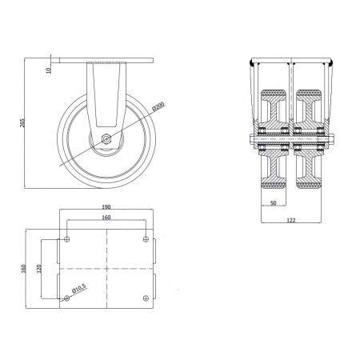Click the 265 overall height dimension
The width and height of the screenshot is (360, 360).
click(22, 123)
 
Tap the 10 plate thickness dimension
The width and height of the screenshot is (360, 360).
click(49, 70)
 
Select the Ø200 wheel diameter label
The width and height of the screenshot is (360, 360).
click(158, 106)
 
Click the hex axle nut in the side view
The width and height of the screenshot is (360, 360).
click(106, 139)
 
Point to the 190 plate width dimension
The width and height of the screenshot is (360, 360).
click(106, 206)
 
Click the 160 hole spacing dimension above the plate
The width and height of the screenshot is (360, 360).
click(106, 218)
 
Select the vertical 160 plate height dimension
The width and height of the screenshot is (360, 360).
click(23, 268)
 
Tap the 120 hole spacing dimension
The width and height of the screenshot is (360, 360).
click(39, 269)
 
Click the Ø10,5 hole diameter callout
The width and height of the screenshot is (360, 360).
click(78, 289)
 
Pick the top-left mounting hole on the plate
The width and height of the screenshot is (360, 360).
click(67, 239)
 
